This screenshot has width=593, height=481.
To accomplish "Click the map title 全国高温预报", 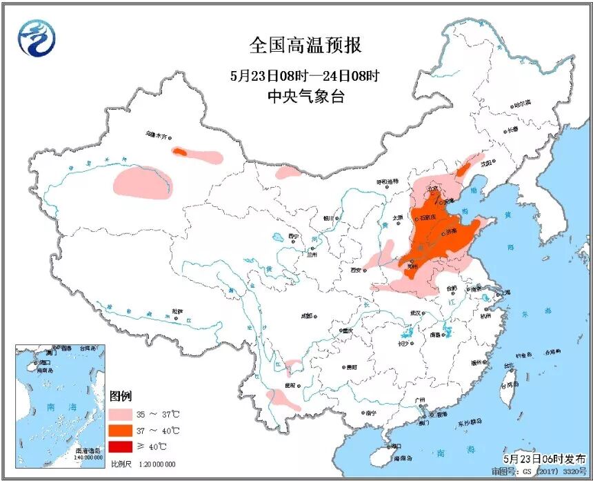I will click(305, 46).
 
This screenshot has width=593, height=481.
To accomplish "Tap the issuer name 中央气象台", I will click(305, 97).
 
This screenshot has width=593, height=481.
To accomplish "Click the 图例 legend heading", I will click(120, 396).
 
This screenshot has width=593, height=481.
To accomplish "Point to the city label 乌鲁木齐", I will click(157, 136).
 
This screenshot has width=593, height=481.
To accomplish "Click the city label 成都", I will click(306, 315).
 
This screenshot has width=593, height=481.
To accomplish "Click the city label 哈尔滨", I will click(522, 103).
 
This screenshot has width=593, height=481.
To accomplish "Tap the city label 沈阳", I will click(488, 163).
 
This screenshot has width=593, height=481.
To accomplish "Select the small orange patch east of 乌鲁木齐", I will click(179, 151).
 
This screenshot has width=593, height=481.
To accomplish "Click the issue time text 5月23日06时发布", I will click(545, 458).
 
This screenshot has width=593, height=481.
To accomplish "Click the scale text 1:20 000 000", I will click(157, 464).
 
